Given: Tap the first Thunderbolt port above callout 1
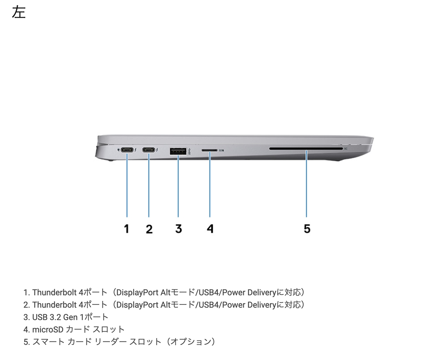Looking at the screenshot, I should point(127,150).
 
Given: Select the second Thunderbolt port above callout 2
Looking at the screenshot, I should point(149,150).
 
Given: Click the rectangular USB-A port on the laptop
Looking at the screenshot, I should point(178,151).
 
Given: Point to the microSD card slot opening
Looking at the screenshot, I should point(209,151).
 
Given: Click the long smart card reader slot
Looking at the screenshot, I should point(306,149).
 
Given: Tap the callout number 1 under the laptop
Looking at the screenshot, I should point(127,228).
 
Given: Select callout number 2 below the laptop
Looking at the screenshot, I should point(149,229).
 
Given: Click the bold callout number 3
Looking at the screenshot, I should point(178,228).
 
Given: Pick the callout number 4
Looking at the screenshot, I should point(210,228).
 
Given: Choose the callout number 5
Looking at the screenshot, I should point(307,228).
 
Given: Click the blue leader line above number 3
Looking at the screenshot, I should point(178,185).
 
